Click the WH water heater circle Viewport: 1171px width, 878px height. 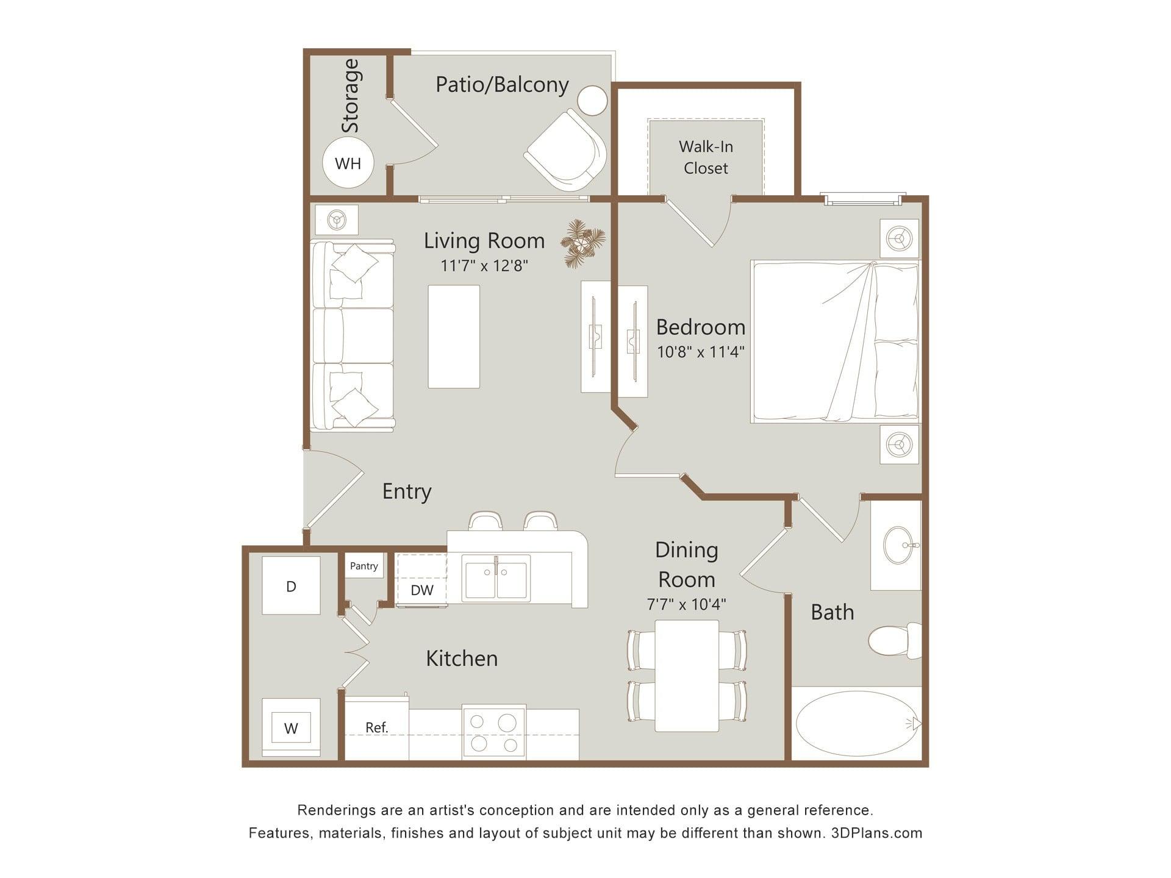(348, 163)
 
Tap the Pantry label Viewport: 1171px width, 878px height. (364, 566)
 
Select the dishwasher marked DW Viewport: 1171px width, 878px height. (421, 580)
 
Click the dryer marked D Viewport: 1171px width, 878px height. (291, 585)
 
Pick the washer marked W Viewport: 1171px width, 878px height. (291, 727)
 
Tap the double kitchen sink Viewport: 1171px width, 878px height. (496, 577)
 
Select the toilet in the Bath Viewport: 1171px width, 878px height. (895, 640)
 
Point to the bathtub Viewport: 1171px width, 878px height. (856, 724)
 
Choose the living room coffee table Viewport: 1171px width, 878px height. (454, 337)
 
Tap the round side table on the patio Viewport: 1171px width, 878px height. (592, 101)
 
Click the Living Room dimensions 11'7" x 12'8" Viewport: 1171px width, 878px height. (484, 265)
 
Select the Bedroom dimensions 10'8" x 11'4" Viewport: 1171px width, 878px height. (701, 352)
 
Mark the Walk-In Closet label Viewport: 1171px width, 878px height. (706, 157)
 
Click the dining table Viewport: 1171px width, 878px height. (687, 676)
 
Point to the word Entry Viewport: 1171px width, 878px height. (407, 491)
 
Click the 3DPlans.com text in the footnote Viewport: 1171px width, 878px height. (876, 833)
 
